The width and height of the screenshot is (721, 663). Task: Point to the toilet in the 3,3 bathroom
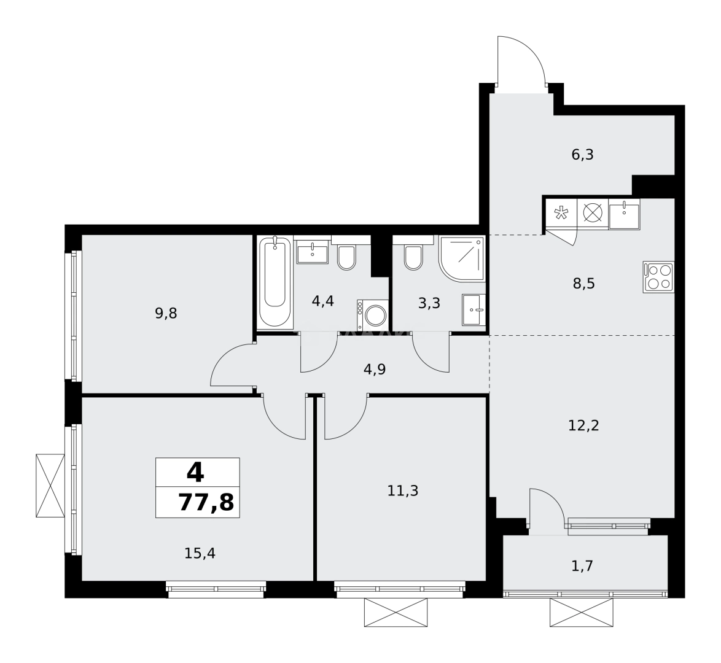point(414,257)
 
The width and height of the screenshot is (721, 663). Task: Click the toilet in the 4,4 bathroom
point(347,257)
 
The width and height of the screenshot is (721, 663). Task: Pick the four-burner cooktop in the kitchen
point(658,277)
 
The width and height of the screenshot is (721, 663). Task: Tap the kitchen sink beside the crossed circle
point(624,213)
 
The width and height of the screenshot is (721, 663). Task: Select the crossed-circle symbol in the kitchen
point(592,213)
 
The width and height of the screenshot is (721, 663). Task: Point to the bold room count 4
point(195,471)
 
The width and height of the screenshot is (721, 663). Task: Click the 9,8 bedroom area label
point(166,314)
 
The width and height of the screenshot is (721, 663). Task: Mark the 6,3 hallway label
point(582,154)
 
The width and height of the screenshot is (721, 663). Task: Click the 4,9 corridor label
point(375,369)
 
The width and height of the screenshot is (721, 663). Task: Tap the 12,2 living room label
point(583,425)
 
